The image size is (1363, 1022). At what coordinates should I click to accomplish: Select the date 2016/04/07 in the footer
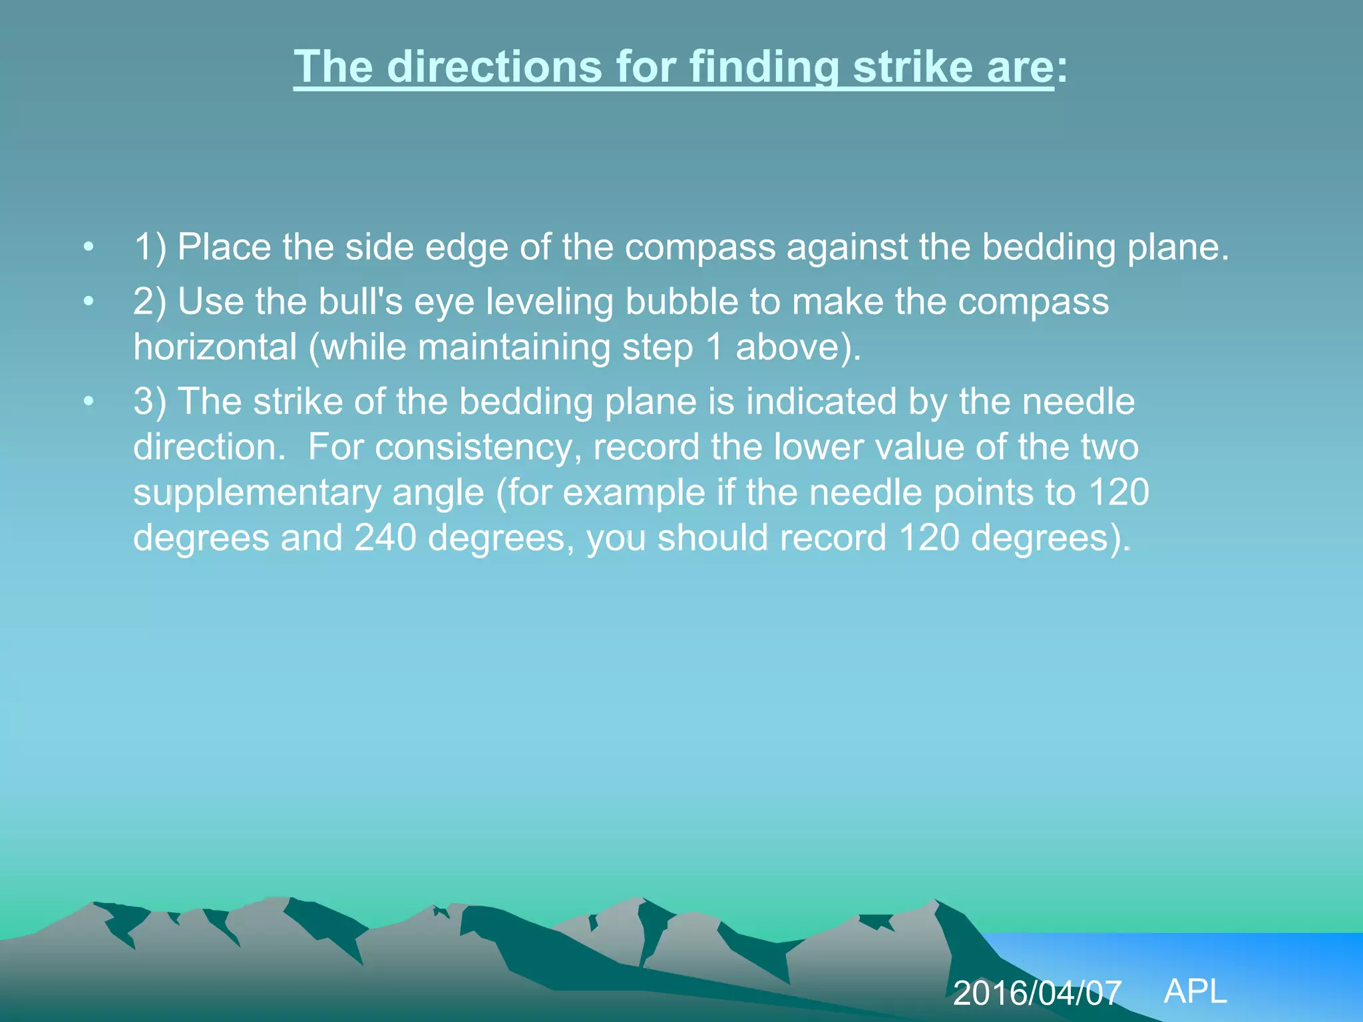pos(1037,993)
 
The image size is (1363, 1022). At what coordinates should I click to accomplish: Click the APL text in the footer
pos(1195,991)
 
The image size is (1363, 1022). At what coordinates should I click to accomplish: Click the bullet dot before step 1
pos(89,248)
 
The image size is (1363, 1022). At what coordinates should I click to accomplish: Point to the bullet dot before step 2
pos(89,302)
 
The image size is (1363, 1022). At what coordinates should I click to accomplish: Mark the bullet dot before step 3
pos(89,402)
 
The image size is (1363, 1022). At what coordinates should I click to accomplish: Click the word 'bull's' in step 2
pos(360,301)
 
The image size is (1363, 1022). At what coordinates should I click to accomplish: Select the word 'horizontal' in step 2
pos(215,347)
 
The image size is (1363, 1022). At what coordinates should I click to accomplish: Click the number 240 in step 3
pos(385,538)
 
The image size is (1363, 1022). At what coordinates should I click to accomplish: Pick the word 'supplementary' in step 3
pos(256,494)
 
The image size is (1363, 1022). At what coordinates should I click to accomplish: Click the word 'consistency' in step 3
pos(473,447)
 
